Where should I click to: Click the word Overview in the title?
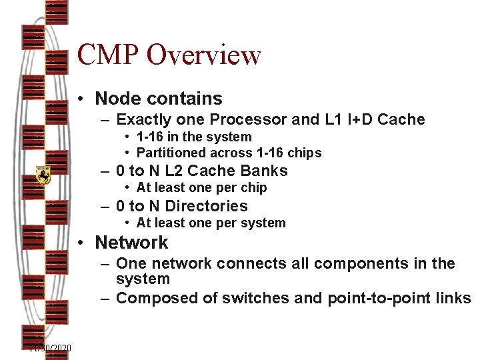pos(204,55)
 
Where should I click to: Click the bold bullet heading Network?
pos(131,242)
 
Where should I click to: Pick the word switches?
pos(254,298)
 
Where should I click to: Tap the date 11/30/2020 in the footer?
pos(50,348)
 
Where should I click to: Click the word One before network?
pos(132,263)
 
